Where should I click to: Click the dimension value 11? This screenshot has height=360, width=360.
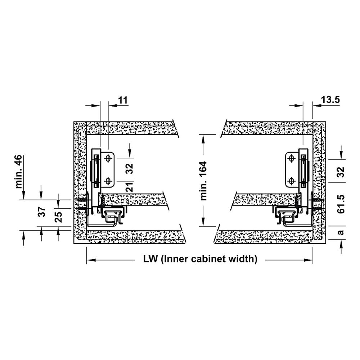point(123,100)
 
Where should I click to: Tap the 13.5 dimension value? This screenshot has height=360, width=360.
point(330,100)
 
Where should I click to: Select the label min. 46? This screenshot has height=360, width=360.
point(19,171)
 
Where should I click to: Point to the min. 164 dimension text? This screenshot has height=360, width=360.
point(203,181)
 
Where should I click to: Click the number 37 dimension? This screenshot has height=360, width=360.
point(41,212)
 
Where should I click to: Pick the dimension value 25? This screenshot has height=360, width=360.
point(59,217)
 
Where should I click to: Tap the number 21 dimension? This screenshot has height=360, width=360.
point(130,187)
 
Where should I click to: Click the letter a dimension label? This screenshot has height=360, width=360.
point(341,232)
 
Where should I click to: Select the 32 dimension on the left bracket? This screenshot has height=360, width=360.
point(130,169)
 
